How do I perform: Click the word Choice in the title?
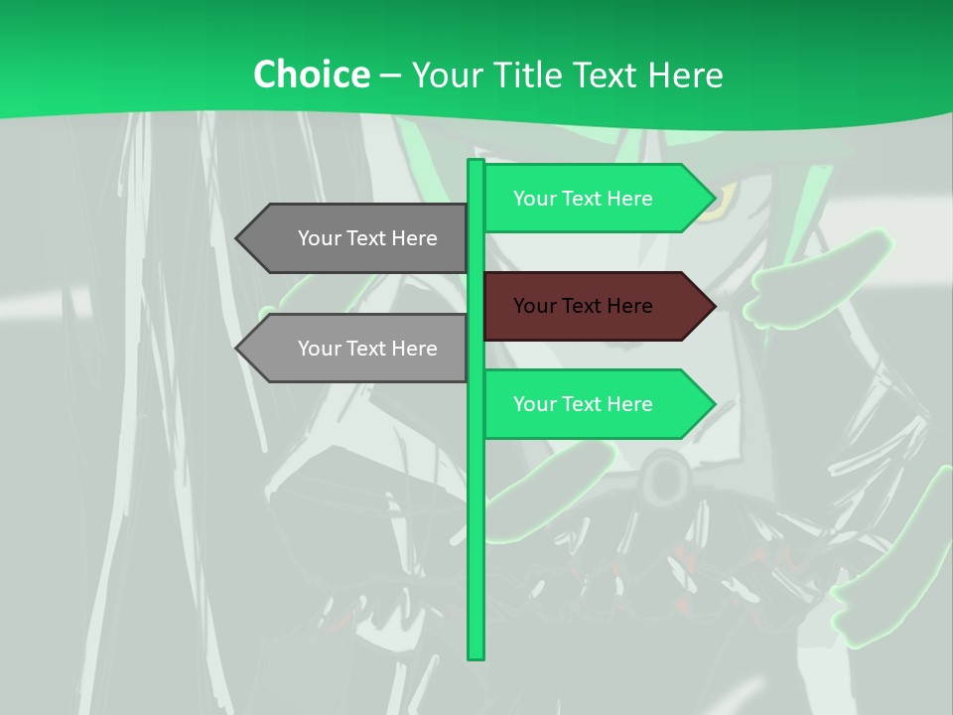coord(311,74)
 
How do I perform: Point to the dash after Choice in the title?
coord(390,75)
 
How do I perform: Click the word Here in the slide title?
coord(686,75)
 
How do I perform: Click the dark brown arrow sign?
coord(596,306)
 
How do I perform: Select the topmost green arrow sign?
coord(596,199)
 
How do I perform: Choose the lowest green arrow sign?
coord(596,404)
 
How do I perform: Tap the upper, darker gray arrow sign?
coord(357,238)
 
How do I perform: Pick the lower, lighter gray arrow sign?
coord(357,348)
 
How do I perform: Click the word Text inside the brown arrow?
coord(583,306)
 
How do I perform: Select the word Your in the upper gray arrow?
coord(319,238)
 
